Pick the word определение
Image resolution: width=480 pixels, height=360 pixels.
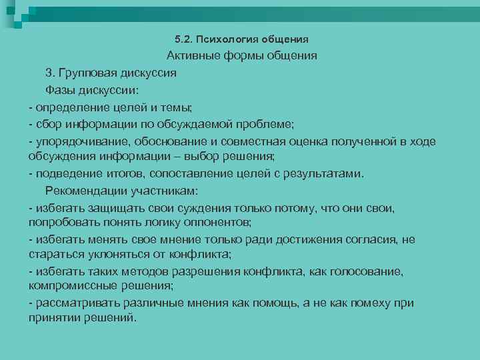(x=72, y=107)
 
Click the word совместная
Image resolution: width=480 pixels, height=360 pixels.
(x=261, y=141)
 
